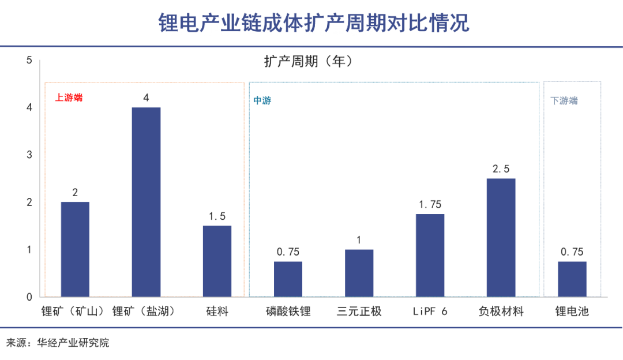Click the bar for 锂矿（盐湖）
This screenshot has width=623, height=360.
146,202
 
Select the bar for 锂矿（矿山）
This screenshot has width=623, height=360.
75,249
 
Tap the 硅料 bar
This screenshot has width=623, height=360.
217,261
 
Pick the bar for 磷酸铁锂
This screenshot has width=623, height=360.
288,279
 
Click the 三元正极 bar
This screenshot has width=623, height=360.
359,273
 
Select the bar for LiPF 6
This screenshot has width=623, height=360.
430,255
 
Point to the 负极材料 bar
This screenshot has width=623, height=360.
501,237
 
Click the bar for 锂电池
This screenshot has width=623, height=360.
572,279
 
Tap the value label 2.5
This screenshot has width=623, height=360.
501,169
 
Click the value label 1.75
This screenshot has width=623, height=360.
430,205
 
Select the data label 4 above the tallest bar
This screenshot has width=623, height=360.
146,98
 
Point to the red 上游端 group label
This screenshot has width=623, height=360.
69,97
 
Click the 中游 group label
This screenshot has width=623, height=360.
262,100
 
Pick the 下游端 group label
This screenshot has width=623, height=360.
564,100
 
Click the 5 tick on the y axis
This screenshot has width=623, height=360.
29,60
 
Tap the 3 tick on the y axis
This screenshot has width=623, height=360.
29,155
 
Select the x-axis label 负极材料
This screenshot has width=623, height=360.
501,312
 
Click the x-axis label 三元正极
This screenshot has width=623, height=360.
359,312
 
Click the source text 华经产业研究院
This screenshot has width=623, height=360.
73,343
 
